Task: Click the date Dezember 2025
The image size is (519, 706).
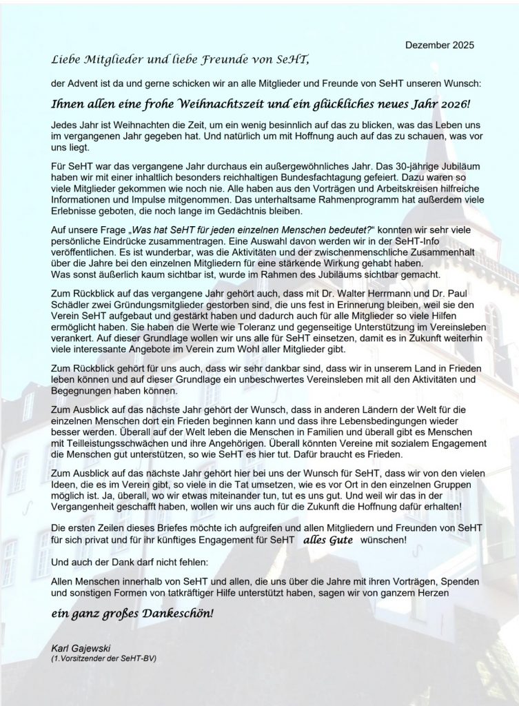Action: click(x=440, y=46)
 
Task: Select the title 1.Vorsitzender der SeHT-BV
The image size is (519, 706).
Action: click(x=104, y=658)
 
